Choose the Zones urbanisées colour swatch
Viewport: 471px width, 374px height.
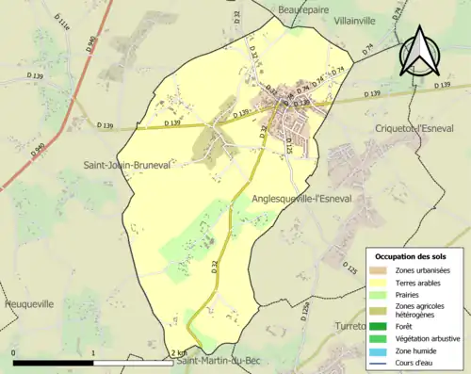(381, 270)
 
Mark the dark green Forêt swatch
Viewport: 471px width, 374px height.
(381, 325)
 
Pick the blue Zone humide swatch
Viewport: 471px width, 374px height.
(381, 350)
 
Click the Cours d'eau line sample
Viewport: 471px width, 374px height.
(381, 362)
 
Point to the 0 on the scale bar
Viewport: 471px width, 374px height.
(13, 353)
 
